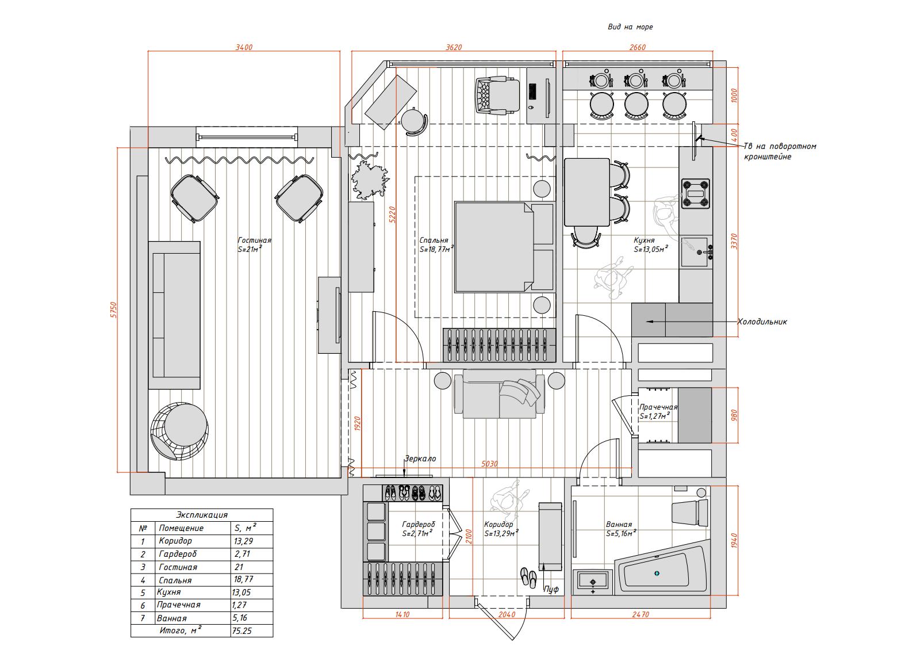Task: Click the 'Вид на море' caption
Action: (x=630, y=27)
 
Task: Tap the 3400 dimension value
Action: (x=244, y=47)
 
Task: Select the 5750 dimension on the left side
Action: (x=114, y=309)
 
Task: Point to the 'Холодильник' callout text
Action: (x=762, y=322)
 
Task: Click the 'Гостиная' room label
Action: (x=254, y=240)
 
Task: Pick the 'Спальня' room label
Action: (x=434, y=240)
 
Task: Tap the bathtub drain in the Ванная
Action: (x=657, y=573)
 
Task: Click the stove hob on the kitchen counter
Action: (x=696, y=193)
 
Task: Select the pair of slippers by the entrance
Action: (x=528, y=578)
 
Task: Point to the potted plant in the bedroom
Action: (x=370, y=180)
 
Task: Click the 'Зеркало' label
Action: (x=420, y=458)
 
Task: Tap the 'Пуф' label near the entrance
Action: (x=551, y=589)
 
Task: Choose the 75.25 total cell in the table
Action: (x=241, y=631)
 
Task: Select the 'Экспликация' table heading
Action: (x=202, y=515)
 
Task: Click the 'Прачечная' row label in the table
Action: (x=179, y=605)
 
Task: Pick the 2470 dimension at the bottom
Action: (x=640, y=614)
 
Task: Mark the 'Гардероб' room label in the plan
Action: (x=419, y=525)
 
